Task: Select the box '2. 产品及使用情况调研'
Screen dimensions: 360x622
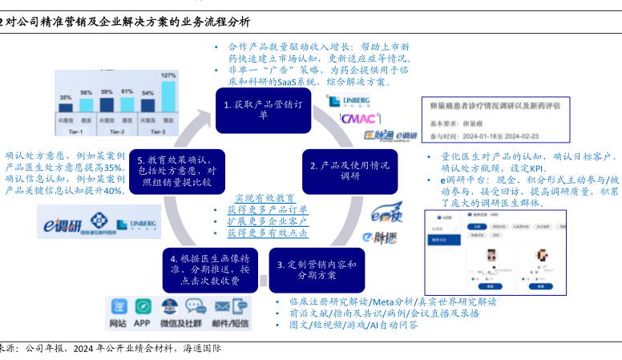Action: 349,171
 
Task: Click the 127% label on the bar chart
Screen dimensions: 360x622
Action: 168,76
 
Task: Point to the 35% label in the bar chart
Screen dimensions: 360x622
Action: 66,98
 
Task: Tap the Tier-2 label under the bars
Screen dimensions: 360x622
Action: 117,131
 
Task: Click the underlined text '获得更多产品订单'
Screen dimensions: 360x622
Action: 262,209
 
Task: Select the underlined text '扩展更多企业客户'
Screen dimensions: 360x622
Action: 262,220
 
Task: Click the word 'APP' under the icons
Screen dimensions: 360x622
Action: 143,323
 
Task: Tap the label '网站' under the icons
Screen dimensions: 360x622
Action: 117,323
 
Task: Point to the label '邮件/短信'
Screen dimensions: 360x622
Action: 230,323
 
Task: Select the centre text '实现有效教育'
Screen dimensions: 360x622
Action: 264,198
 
